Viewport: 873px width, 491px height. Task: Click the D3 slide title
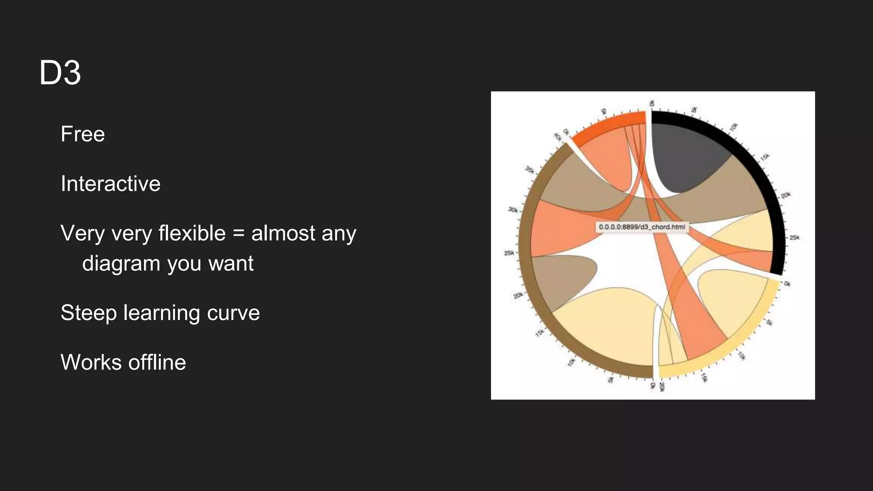(60, 73)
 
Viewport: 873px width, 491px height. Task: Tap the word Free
(83, 134)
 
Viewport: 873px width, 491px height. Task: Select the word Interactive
(110, 184)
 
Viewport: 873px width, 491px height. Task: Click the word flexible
(192, 234)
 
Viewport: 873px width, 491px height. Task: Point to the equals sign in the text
(239, 234)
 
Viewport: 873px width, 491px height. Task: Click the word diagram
(121, 264)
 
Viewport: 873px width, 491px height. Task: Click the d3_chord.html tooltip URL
(642, 227)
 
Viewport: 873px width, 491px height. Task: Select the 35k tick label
(530, 170)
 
